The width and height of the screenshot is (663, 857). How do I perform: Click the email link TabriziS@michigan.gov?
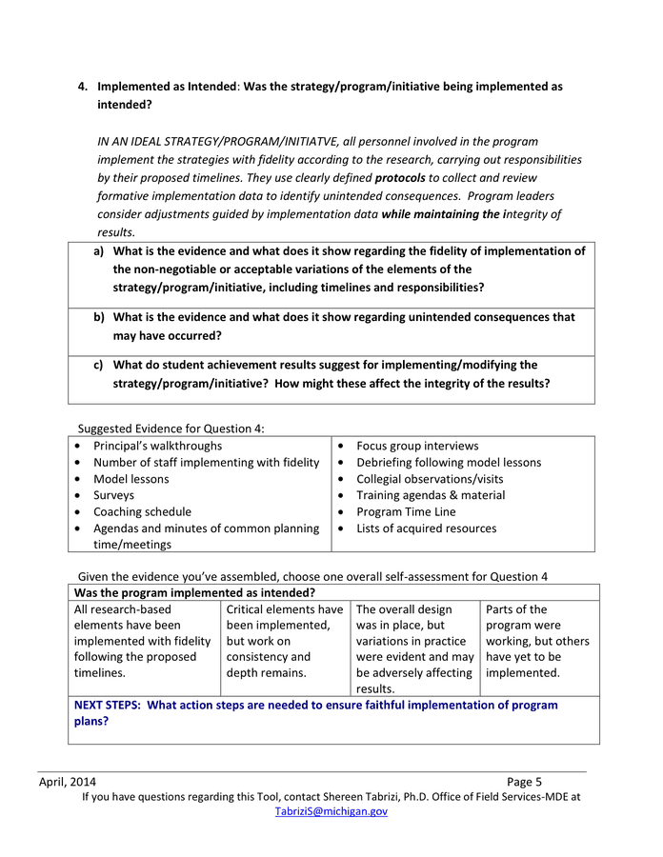[331, 811]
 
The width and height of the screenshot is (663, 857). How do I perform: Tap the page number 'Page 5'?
[524, 782]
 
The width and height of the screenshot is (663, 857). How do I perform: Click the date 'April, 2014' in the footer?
[67, 782]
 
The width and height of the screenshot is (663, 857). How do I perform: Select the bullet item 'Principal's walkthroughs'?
[157, 446]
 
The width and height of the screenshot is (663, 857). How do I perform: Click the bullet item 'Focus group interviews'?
[417, 446]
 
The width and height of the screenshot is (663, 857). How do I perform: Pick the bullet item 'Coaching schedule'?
[142, 511]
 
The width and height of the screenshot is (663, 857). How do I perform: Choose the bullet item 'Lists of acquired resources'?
[426, 528]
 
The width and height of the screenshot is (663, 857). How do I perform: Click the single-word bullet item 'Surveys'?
[113, 495]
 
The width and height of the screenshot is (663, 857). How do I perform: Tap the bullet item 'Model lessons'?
[131, 479]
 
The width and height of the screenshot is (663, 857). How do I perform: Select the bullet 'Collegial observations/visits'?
[430, 479]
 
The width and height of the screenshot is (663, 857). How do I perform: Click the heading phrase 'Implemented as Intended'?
[166, 87]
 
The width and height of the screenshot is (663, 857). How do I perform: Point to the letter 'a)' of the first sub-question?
[99, 251]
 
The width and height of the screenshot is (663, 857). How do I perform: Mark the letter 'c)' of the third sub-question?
[98, 365]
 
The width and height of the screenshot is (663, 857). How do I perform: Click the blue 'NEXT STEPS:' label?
[109, 706]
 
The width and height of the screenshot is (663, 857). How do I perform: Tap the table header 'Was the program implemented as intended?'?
[194, 592]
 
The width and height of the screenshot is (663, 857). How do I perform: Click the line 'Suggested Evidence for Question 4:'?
[170, 428]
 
